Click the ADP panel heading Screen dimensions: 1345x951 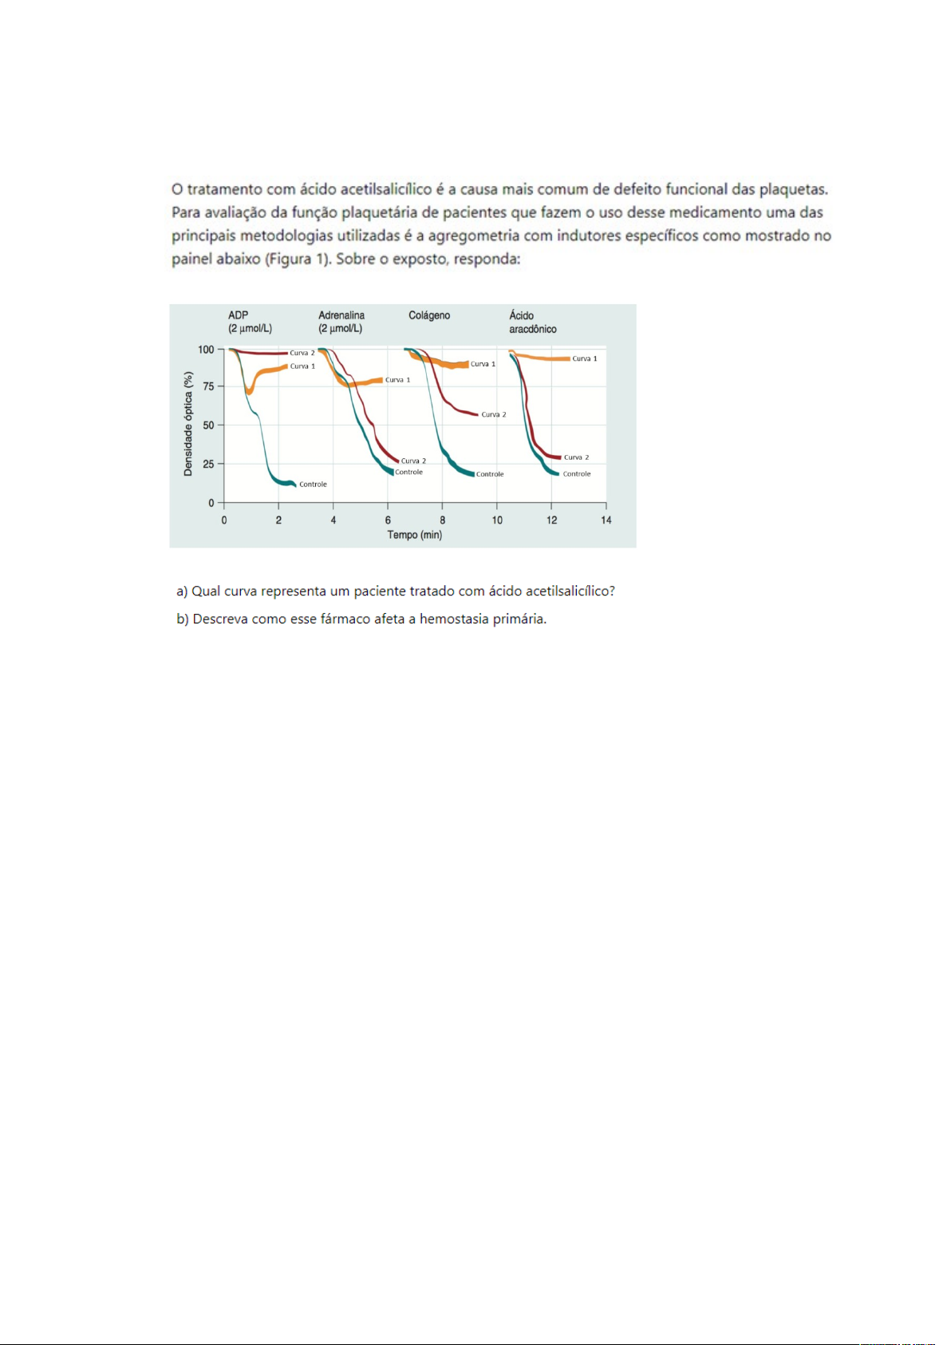click(239, 315)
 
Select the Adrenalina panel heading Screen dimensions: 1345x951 click(341, 315)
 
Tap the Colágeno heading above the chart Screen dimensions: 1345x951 click(429, 315)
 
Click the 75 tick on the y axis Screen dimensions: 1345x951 click(208, 386)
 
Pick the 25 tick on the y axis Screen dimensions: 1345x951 click(208, 464)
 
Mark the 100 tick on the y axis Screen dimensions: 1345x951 click(206, 350)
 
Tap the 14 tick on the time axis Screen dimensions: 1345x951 click(606, 520)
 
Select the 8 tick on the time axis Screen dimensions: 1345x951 click(443, 520)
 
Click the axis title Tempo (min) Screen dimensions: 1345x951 click(415, 535)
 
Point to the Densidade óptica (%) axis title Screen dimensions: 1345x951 click(188, 424)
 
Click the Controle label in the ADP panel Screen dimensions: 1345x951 click(313, 485)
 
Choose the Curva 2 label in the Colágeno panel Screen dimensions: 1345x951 click(494, 415)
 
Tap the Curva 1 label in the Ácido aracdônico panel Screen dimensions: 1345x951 click(585, 359)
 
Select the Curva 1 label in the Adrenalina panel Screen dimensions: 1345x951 click(397, 380)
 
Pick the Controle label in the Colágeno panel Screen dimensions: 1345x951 click(490, 474)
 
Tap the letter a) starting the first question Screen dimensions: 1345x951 click(182, 591)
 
